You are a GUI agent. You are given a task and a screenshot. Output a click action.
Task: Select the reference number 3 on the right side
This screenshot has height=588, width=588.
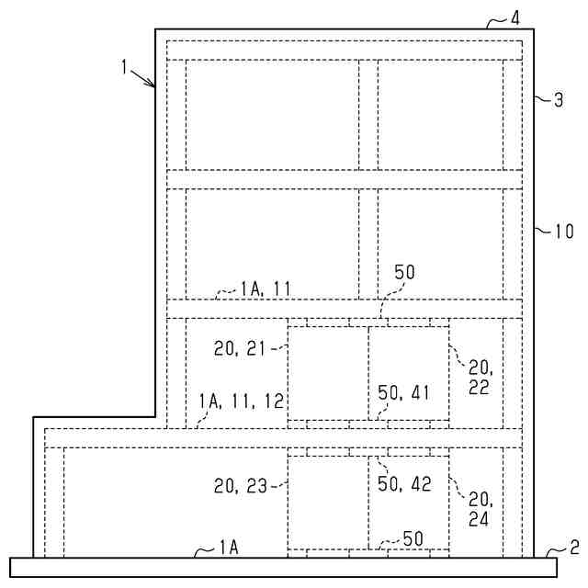click(558, 100)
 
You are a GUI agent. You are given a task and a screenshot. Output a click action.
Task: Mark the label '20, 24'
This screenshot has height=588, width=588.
click(480, 508)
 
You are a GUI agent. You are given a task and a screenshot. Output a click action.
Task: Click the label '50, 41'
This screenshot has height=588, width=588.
click(403, 391)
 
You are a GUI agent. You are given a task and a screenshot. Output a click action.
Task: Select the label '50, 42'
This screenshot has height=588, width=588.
click(405, 484)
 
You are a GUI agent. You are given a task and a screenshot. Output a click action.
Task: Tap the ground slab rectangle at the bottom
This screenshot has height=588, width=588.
click(294, 567)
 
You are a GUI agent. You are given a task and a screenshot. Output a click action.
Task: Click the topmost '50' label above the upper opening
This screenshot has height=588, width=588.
click(404, 273)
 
